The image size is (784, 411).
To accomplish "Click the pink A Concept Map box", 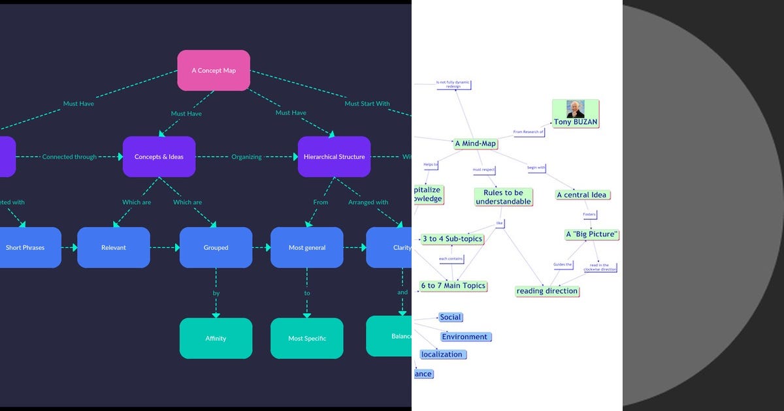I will point(214,70).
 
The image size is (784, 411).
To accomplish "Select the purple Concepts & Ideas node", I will point(159,157).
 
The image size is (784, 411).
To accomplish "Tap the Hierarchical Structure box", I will point(334,157).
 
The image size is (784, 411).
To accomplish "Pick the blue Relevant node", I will point(113,247).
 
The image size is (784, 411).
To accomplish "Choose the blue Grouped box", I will point(216,247).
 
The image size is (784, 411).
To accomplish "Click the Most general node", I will point(306,247).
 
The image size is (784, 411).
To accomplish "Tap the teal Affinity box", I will point(216,338).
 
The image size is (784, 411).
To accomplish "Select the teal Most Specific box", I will point(306,338).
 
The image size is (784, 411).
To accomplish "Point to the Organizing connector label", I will point(246,157).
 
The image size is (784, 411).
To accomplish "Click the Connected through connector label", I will point(69,157).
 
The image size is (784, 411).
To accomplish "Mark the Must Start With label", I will point(367,104).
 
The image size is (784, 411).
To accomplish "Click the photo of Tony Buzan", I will point(575,109).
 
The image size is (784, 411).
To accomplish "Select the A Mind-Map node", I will point(475,144).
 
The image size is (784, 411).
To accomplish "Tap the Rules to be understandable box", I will point(503,197).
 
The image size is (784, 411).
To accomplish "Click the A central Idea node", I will point(581,194).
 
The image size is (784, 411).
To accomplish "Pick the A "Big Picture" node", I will point(591,234).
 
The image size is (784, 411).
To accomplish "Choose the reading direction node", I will point(547,291).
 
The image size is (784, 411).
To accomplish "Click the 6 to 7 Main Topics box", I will point(453,286).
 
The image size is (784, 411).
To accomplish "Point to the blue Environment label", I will point(465,337).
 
